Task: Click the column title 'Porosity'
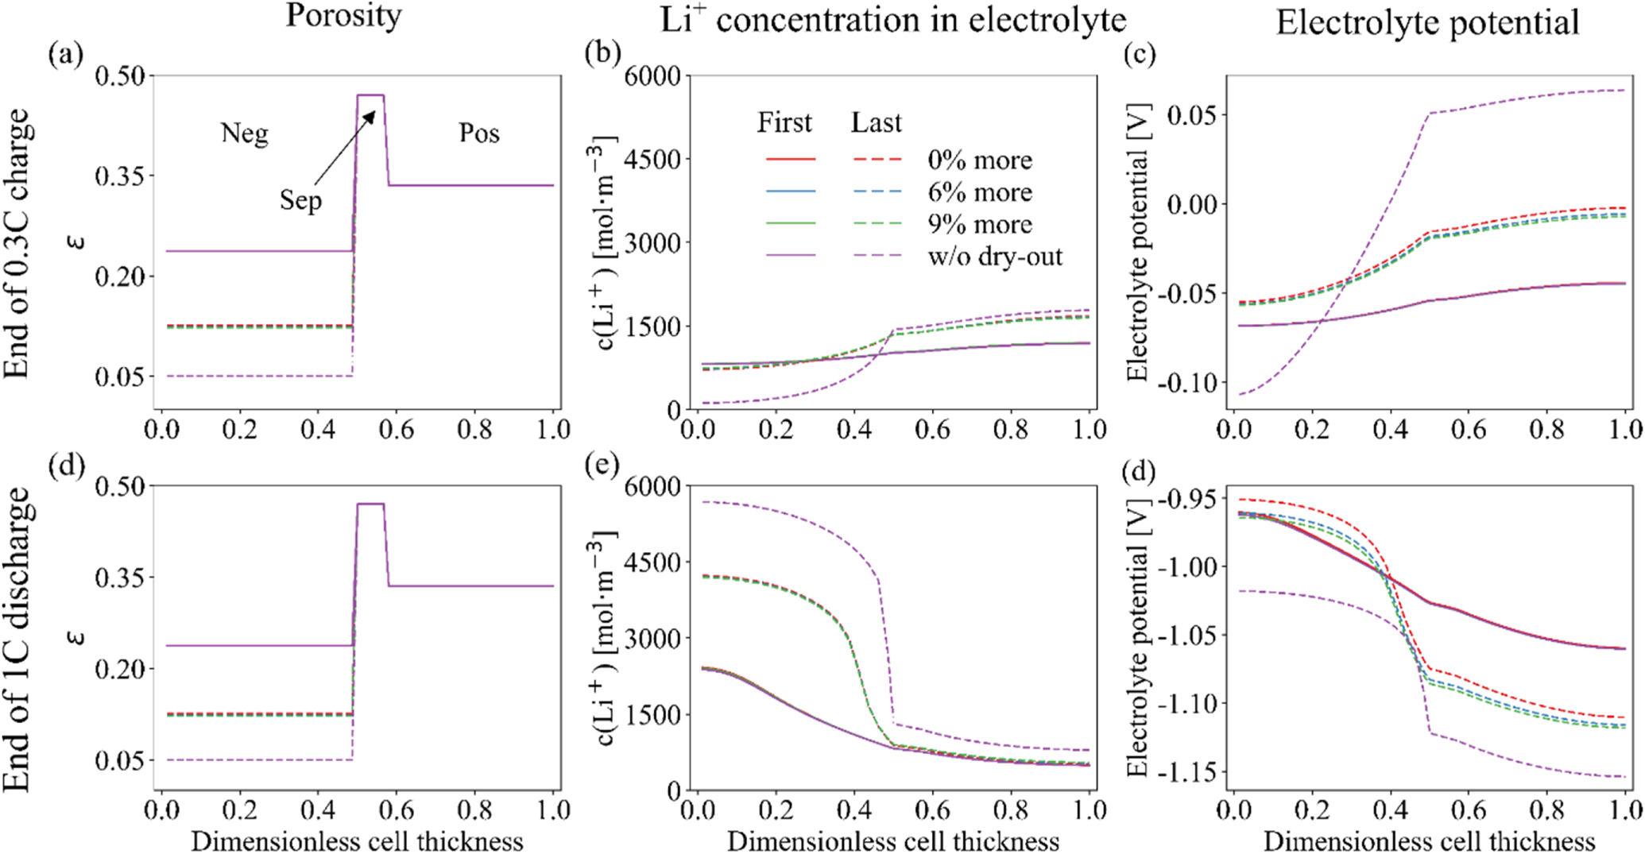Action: point(343,16)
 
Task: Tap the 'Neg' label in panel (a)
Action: point(244,133)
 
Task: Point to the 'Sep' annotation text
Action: point(300,199)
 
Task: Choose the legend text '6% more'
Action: point(980,192)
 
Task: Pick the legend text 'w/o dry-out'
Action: point(995,257)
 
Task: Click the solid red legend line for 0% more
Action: point(791,160)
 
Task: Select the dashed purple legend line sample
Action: point(877,256)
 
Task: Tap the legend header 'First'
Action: point(784,122)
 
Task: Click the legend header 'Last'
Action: point(877,122)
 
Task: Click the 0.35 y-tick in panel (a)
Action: point(120,176)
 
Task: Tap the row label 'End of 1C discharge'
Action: point(17,640)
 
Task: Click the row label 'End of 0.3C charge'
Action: point(17,243)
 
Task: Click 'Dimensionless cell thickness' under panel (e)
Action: point(892,841)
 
